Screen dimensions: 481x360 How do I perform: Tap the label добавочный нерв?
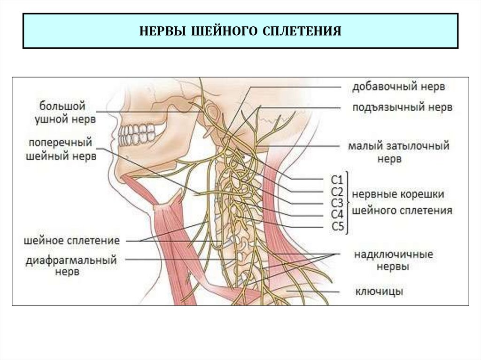398,87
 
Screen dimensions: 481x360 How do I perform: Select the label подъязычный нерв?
403,107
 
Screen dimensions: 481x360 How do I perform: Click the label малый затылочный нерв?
398,152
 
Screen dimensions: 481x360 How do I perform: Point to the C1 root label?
338,180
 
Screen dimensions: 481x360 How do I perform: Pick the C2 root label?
338,191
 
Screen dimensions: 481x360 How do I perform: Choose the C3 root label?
338,203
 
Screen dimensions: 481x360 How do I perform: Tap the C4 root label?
338,215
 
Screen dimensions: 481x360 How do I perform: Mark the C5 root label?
338,228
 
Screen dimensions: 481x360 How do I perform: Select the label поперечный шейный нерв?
62,149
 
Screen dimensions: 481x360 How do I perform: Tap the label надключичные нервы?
393,261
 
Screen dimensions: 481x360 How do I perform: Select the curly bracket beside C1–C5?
348,203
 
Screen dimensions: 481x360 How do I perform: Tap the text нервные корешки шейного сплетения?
402,202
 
